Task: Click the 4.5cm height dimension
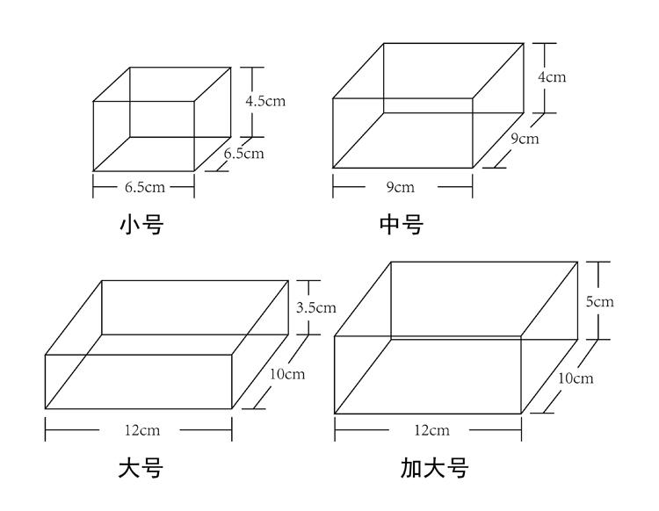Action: (x=265, y=101)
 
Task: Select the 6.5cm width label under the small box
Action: (x=145, y=187)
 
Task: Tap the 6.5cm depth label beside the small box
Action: (x=243, y=154)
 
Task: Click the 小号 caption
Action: (x=141, y=224)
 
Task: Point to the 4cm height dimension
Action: (x=552, y=77)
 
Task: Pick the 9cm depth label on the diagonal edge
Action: (x=525, y=138)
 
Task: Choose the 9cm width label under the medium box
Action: (x=401, y=187)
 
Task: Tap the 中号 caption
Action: (x=401, y=224)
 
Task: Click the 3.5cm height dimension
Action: (x=316, y=308)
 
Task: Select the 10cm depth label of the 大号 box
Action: (x=287, y=374)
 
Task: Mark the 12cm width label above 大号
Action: (x=142, y=430)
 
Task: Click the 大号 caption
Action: (x=141, y=468)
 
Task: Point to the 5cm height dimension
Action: (x=600, y=301)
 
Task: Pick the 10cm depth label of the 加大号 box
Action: (x=576, y=378)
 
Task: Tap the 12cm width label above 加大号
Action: (x=432, y=430)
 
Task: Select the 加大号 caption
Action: (x=435, y=468)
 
